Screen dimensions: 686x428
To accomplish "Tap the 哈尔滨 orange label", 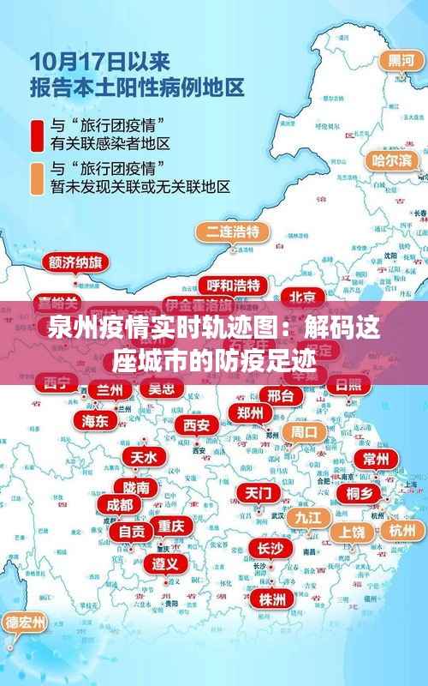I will click(391, 160).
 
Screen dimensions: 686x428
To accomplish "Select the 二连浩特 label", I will click(233, 232).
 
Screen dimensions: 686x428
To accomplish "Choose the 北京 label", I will click(302, 297).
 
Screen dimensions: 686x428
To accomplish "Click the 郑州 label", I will click(250, 412).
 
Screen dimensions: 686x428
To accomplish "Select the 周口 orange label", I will click(304, 431).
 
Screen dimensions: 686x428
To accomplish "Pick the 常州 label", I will click(375, 459).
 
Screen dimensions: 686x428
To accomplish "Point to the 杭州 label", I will click(401, 530).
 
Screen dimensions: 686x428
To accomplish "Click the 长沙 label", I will click(270, 548).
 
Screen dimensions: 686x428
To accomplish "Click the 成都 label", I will click(115, 505).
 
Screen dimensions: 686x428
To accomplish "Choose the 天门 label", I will click(259, 493).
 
